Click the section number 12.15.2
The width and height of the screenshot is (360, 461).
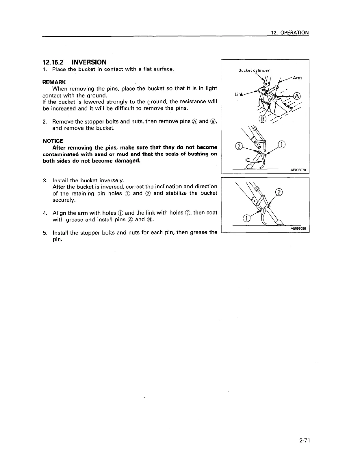coord(53,62)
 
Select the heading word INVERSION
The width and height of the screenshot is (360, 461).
coord(89,62)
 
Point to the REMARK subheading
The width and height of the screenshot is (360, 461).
coord(54,82)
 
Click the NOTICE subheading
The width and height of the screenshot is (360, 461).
coord(53,141)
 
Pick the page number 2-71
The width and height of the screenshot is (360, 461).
coord(305,441)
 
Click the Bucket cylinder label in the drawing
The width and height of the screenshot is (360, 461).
coord(254,70)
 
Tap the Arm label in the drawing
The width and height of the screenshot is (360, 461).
coord(297,78)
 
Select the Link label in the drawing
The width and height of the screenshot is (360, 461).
coord(239,94)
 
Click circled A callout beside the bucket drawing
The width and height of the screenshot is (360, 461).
coord(297,96)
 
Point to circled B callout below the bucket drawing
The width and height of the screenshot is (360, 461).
coord(263,119)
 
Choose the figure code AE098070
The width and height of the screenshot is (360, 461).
coord(298,170)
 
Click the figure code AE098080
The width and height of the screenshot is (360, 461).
coord(298,229)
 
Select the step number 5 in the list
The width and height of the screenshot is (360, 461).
coord(44,233)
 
